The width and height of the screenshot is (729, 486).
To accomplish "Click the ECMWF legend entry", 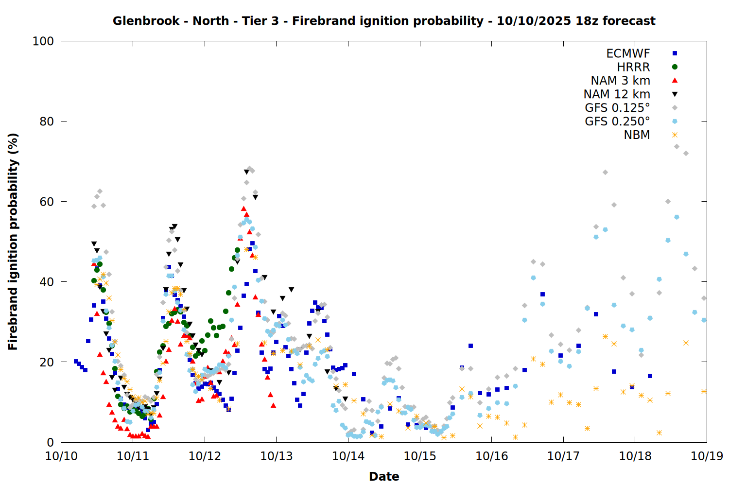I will tap(628, 53).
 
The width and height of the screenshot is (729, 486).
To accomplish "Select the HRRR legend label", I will tap(633, 67).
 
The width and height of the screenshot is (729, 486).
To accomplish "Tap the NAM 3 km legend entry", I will tap(620, 81).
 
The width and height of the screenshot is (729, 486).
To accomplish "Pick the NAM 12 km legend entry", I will tap(617, 94).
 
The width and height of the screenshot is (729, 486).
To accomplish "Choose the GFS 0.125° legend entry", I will tap(617, 108).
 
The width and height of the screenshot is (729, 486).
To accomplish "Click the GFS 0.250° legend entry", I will tap(617, 121).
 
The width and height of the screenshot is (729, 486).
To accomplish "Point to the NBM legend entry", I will tap(637, 135).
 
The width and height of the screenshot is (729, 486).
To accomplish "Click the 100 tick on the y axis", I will tap(43, 41).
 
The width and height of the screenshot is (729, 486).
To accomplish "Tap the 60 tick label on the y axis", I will tap(47, 202).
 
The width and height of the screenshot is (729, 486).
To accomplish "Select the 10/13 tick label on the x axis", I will tap(277, 456).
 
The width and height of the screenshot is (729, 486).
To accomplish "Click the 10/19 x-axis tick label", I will tap(707, 456).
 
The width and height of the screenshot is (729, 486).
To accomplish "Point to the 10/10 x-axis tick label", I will tap(61, 456).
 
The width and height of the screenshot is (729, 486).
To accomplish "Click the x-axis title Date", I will tap(384, 476).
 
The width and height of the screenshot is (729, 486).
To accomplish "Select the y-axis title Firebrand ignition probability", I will tap(13, 242).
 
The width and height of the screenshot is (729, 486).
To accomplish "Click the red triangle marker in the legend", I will tap(675, 81).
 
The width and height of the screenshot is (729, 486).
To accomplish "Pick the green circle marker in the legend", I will tap(675, 67).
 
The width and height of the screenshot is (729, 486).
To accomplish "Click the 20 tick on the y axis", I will tap(47, 362).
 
